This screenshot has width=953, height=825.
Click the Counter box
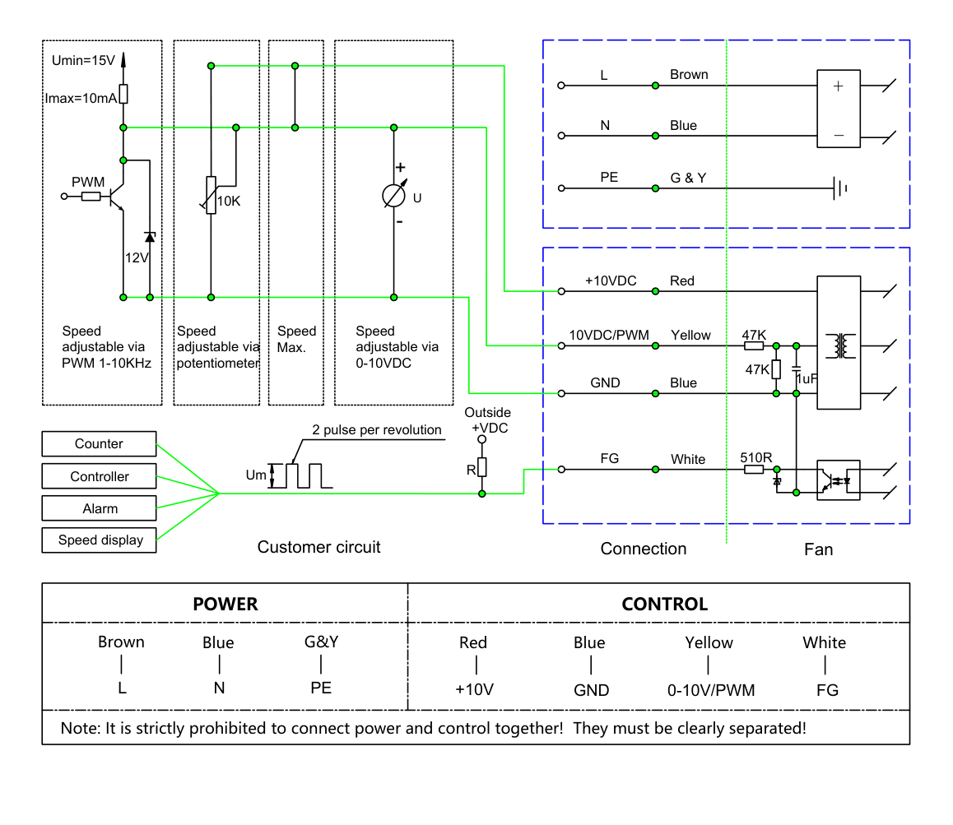pos(99,443)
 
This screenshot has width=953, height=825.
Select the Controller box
pos(99,476)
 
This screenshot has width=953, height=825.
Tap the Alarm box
pos(99,508)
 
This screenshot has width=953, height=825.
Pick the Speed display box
pos(99,540)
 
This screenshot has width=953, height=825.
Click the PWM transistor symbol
pos(115,197)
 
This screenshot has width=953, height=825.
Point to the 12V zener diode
pos(150,237)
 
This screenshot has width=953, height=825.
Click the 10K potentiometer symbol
pos(211,195)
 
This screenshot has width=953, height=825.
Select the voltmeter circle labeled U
pos(394,196)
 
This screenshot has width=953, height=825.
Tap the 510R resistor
pos(755,470)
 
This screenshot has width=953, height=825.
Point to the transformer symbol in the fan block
pos(840,345)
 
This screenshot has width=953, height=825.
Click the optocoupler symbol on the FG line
pos(838,480)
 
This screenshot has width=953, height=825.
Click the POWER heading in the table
pos(225,604)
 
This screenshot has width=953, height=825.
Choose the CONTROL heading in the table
pos(664,604)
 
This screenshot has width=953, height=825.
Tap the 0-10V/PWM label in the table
pos(711,690)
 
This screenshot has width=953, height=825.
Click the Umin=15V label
pos(83,60)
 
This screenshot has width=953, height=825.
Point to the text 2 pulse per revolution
pos(377,429)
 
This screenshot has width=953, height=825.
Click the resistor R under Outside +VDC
pos(482,467)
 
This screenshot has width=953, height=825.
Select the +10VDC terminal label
pos(611,280)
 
